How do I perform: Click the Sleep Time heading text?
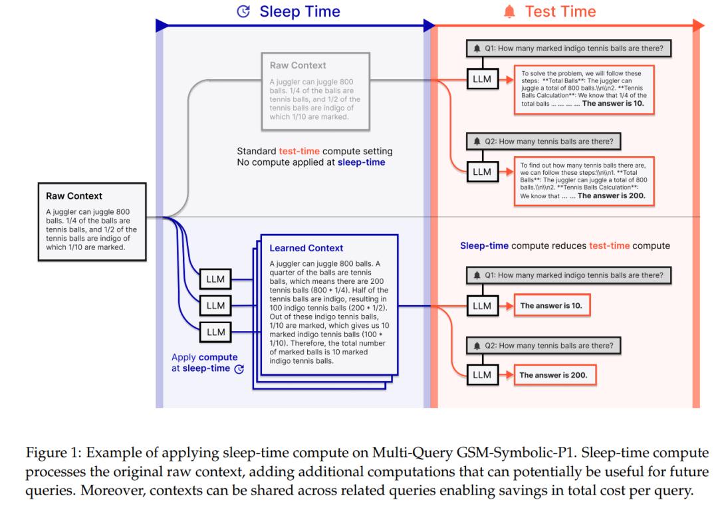click(x=300, y=11)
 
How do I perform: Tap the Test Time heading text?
click(x=560, y=11)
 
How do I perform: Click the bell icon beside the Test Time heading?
click(x=509, y=11)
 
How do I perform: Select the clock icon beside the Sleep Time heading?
click(x=243, y=11)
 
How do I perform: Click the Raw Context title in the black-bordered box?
click(x=74, y=196)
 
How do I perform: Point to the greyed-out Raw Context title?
click(x=298, y=65)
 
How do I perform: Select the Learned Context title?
click(x=306, y=248)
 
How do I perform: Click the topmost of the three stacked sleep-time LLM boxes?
click(x=215, y=279)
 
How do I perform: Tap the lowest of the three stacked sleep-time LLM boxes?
click(x=215, y=332)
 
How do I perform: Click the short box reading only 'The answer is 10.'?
click(x=552, y=305)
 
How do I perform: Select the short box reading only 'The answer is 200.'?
click(x=555, y=375)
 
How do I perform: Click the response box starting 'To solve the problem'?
click(x=584, y=89)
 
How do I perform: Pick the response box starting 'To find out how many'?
click(x=584, y=181)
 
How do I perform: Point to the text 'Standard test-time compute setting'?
click(x=314, y=151)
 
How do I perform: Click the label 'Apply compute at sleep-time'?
click(x=205, y=362)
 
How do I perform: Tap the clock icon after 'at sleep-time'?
click(x=239, y=368)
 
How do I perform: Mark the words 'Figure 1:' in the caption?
click(x=54, y=453)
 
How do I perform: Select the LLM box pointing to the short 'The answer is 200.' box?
click(x=482, y=375)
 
